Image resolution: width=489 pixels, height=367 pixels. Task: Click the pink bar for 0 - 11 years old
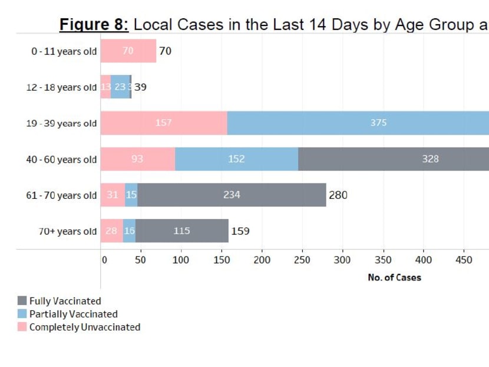[x=128, y=51]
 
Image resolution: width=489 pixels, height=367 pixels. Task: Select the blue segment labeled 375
[x=358, y=123]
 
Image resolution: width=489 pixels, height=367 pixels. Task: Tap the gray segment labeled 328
[x=393, y=159]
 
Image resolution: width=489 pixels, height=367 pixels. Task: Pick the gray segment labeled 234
[x=232, y=195]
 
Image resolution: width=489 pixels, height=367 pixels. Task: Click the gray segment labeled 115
[x=181, y=231]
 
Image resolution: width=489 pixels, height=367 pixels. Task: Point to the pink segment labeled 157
[x=163, y=123]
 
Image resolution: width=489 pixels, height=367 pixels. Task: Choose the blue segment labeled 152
[x=236, y=159]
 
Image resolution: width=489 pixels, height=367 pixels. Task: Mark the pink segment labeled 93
[x=137, y=159]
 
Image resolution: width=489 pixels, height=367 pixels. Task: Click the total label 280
[x=338, y=195]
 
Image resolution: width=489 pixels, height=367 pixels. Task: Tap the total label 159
[x=240, y=231]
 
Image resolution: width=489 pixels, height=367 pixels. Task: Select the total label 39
[x=140, y=87]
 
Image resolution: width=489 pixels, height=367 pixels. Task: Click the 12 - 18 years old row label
[x=61, y=87]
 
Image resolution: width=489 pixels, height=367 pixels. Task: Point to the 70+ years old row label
[x=68, y=231]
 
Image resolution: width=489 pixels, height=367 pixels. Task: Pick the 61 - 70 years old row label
[x=61, y=195]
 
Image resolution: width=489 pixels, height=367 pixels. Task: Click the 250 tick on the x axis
[x=302, y=260]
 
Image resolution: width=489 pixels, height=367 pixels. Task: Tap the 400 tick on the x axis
[x=423, y=260]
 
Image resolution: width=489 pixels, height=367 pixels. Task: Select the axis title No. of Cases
[x=394, y=277]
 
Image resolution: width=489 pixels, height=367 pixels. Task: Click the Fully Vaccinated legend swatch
[x=22, y=301]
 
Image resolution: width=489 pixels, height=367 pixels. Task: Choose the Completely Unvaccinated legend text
[x=85, y=327]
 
